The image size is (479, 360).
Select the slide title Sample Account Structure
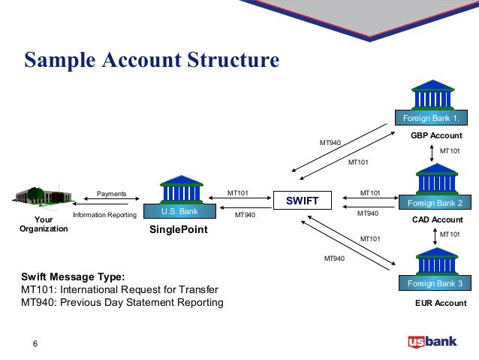pos(152,59)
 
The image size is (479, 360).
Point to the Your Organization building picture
pos(42,197)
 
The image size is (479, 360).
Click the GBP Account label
pos(436,136)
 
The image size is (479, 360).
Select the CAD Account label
pos(438,219)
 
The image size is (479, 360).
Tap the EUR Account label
pos(441,304)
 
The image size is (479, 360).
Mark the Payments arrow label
pos(112,193)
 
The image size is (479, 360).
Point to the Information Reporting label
pos(104,215)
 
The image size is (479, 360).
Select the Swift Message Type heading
pos(73,276)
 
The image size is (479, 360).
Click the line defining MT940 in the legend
pos(122,303)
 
